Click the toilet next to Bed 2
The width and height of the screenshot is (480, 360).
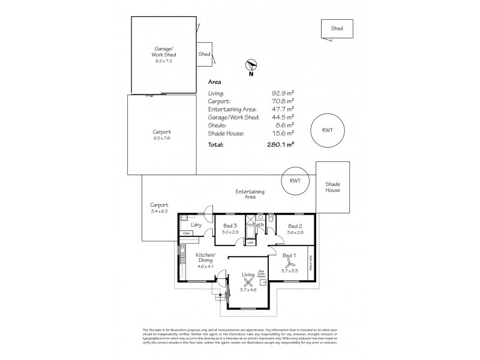tap(271, 220)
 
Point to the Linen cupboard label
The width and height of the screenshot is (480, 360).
tap(242, 242)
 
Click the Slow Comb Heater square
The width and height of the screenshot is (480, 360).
tap(263, 282)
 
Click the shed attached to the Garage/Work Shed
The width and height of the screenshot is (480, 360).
tap(204, 54)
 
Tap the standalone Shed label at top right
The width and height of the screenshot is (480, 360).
tap(337, 28)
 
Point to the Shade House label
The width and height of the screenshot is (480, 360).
tap(332, 187)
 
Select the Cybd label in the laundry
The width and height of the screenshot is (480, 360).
tap(186, 233)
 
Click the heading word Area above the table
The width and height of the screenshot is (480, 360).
tap(215, 82)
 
